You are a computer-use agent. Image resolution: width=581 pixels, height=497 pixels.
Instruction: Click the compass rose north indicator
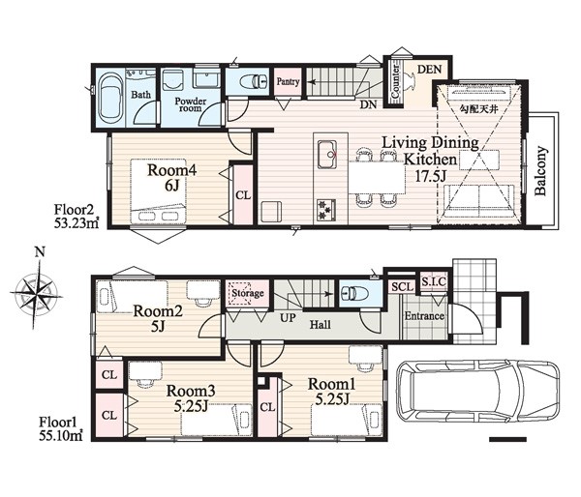[x=40, y=252]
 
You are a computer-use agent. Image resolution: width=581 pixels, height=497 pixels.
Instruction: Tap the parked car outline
[x=477, y=393]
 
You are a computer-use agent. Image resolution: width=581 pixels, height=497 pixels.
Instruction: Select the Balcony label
[x=541, y=171]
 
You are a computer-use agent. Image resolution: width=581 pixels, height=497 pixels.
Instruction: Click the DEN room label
[x=429, y=70]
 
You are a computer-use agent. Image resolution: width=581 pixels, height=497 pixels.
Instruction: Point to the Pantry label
[x=288, y=81]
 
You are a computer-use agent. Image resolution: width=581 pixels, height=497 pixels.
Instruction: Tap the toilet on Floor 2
[x=254, y=81]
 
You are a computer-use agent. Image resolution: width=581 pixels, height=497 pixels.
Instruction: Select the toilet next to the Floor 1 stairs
[x=354, y=294]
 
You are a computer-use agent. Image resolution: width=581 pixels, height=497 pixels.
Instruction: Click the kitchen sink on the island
[x=326, y=155]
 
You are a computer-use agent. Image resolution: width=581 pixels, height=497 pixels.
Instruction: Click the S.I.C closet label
[x=434, y=282]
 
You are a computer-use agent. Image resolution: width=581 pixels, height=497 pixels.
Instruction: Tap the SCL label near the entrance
[x=403, y=287]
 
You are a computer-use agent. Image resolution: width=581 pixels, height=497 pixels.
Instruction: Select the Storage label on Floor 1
[x=248, y=293]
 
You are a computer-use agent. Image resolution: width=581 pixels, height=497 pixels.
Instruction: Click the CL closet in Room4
[x=243, y=195]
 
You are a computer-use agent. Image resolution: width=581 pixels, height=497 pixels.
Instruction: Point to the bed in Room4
[x=158, y=191]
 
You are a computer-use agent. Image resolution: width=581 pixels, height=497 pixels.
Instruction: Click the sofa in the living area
[x=479, y=202]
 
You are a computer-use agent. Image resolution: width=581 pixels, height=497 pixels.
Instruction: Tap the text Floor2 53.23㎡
[x=76, y=217]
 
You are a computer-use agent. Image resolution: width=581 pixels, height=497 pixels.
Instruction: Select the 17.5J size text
[x=430, y=176]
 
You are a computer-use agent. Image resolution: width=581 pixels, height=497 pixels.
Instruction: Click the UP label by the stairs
[x=288, y=317]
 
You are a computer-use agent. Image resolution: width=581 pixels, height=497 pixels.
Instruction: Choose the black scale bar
[x=507, y=440]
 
